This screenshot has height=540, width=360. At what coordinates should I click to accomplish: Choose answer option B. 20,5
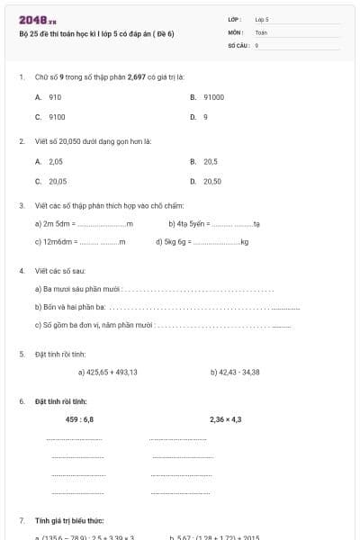(x=204, y=161)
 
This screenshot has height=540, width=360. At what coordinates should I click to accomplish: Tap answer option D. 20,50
(x=206, y=181)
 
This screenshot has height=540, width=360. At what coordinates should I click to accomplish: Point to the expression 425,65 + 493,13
(x=107, y=372)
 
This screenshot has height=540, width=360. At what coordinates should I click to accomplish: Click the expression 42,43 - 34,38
(x=235, y=372)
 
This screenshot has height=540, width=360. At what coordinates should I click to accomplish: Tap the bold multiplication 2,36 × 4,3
(x=226, y=419)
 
